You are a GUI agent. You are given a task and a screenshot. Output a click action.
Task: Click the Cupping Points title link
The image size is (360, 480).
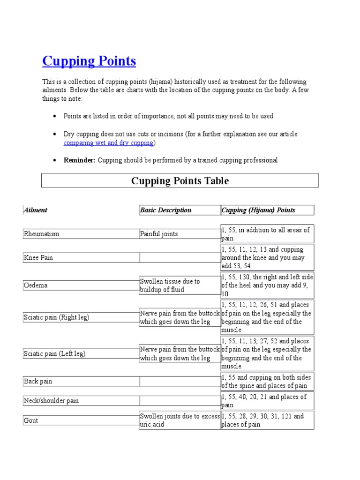click(89, 61)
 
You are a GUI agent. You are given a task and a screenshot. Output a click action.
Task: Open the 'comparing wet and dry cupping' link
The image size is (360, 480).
click(109, 142)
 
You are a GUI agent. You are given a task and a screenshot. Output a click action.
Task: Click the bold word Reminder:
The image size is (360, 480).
click(79, 160)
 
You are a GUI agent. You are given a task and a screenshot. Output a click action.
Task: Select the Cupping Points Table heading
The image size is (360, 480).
click(180, 180)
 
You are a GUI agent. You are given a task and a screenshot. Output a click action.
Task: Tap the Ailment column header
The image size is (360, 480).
click(36, 210)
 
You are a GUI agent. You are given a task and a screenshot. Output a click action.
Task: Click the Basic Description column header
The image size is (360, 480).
click(166, 210)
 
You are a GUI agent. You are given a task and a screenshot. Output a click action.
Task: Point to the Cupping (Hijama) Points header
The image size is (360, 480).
click(258, 210)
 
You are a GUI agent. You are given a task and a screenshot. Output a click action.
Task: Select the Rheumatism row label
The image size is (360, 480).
click(42, 234)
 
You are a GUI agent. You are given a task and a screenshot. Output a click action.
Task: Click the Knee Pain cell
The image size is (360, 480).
click(38, 257)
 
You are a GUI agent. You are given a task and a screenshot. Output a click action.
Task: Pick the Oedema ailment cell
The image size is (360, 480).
click(36, 285)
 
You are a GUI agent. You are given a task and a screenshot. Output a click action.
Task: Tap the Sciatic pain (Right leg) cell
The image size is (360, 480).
click(56, 317)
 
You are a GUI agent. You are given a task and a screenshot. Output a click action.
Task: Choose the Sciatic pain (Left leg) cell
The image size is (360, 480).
click(54, 354)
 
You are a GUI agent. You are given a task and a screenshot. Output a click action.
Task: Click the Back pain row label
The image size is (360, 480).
click(38, 381)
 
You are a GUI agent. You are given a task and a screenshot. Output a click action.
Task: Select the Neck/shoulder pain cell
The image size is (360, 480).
click(52, 401)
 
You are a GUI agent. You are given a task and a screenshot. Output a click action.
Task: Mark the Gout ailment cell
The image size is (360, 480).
click(31, 420)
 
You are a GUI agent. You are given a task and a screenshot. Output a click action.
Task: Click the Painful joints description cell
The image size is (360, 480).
click(159, 234)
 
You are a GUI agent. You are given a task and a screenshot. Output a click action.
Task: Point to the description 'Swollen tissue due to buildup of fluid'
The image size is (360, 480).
click(170, 285)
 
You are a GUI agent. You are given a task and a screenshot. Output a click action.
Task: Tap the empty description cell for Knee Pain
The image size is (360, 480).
click(180, 257)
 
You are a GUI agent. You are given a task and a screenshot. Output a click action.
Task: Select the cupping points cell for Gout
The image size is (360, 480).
click(267, 420)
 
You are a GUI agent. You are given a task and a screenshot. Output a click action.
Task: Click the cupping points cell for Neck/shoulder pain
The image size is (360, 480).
click(267, 401)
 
